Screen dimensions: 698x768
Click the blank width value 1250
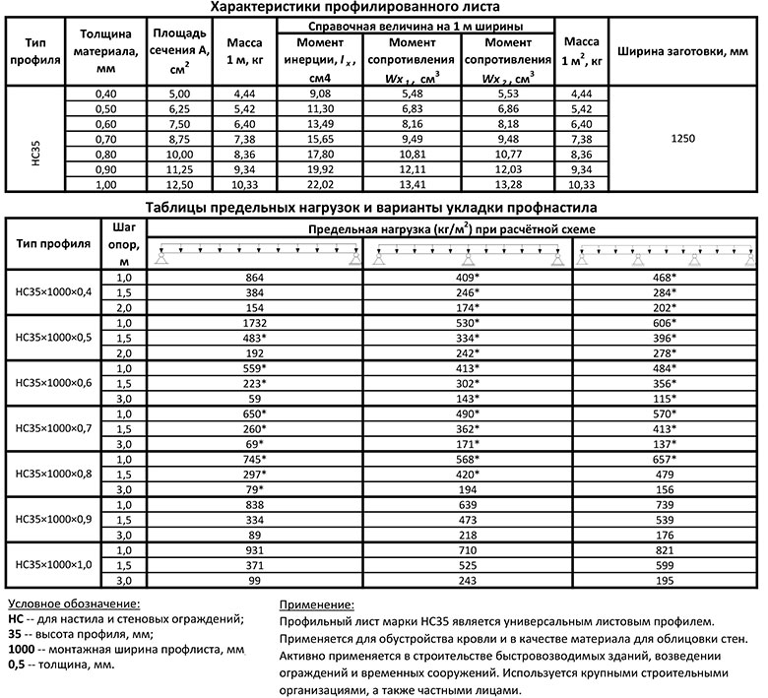[x=682, y=139]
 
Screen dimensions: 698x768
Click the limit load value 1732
[x=261, y=323]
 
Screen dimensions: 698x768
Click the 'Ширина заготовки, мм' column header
[x=682, y=51]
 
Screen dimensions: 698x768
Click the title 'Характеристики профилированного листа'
[x=383, y=8]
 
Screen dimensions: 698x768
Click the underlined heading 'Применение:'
[x=317, y=603]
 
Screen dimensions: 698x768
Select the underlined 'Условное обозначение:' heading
[x=73, y=603]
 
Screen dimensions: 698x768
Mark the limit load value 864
[x=261, y=279]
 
